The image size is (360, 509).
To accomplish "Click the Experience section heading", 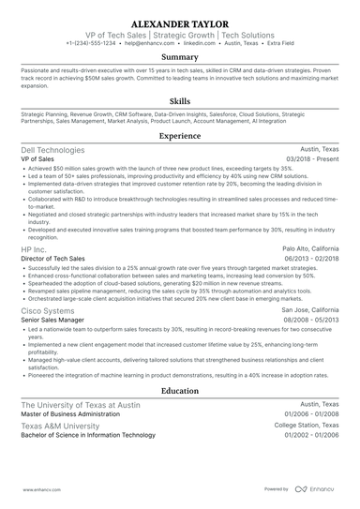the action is pos(180,136).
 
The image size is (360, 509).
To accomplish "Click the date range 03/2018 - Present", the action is pos(315,160).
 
